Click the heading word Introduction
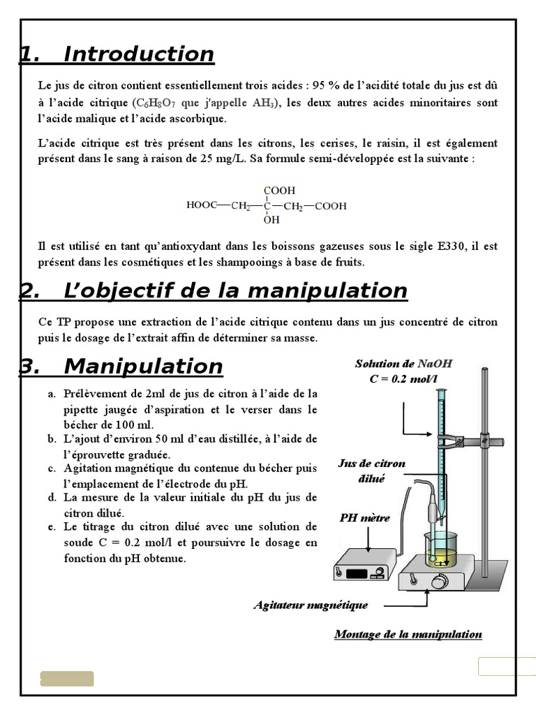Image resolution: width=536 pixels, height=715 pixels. (x=138, y=54)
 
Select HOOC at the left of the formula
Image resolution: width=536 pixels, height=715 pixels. (x=201, y=206)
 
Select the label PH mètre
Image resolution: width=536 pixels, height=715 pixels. (x=365, y=518)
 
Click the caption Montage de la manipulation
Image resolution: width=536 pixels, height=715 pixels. (x=408, y=634)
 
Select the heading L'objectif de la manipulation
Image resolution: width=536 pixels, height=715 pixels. (x=234, y=290)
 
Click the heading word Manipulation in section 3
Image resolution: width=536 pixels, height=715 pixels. (x=142, y=366)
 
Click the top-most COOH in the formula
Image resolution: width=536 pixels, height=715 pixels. (x=279, y=190)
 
